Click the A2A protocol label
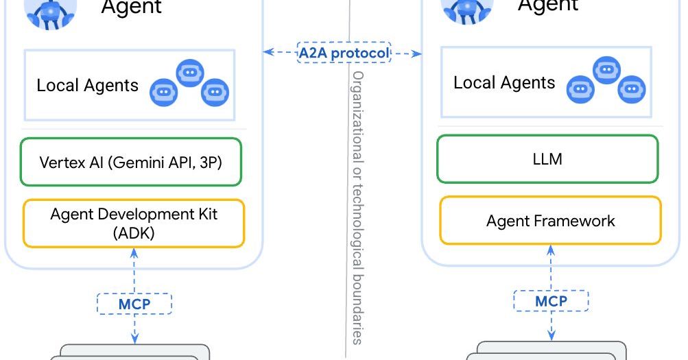coord(344,52)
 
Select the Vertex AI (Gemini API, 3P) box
coord(130,162)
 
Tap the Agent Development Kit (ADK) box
coord(134,223)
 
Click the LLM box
coord(547,159)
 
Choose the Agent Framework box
coord(550,221)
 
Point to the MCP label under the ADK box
coord(134,302)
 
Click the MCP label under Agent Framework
coord(551,300)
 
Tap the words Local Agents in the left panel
coord(87,86)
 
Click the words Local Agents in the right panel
coord(504,83)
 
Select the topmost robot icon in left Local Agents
coord(190,73)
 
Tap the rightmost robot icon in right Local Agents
coord(632,90)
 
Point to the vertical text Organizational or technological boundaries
coord(357,206)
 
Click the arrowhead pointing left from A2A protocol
coord(268,51)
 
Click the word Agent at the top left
coord(131,7)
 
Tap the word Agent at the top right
coord(548,5)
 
